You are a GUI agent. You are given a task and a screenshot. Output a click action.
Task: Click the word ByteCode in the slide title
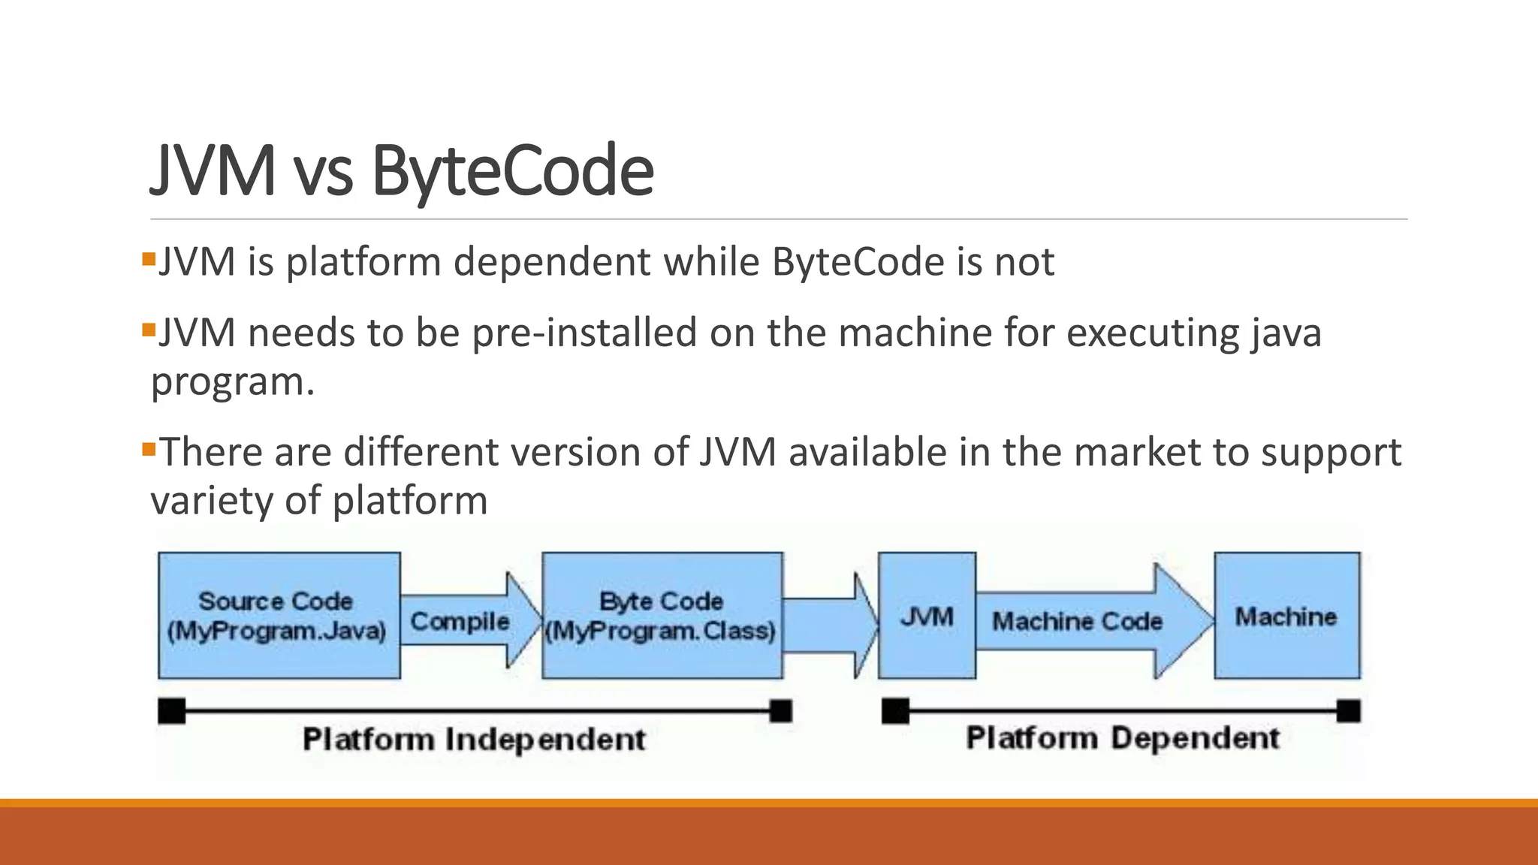pyautogui.click(x=512, y=171)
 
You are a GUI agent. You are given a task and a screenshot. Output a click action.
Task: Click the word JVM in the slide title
pyautogui.click(x=213, y=171)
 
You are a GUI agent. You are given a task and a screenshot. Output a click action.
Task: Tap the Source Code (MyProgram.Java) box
pyautogui.click(x=279, y=616)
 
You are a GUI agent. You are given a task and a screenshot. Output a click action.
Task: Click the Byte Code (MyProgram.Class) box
pyautogui.click(x=662, y=616)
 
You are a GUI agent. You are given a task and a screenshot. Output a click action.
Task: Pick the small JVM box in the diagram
pyautogui.click(x=927, y=616)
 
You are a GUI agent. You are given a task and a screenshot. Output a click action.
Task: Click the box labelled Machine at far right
pyautogui.click(x=1286, y=616)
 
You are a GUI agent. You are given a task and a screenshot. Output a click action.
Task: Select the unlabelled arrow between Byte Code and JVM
pyautogui.click(x=826, y=625)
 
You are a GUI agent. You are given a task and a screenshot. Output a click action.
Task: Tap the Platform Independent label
pyautogui.click(x=474, y=740)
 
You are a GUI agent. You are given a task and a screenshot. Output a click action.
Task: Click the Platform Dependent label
pyautogui.click(x=1122, y=738)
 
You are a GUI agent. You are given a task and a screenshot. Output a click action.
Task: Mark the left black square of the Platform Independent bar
pyautogui.click(x=172, y=710)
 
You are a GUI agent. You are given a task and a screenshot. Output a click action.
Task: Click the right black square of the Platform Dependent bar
pyautogui.click(x=1348, y=710)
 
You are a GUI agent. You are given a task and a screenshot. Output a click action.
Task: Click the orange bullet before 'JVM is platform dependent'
pyautogui.click(x=148, y=260)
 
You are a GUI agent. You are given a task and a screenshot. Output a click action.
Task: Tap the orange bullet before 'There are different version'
pyautogui.click(x=148, y=450)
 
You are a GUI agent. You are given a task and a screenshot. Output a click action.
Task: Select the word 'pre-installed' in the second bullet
pyautogui.click(x=584, y=333)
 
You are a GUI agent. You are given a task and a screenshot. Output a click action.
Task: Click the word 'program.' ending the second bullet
pyautogui.click(x=233, y=381)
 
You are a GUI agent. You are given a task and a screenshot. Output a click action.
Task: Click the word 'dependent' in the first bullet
pyautogui.click(x=551, y=262)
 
